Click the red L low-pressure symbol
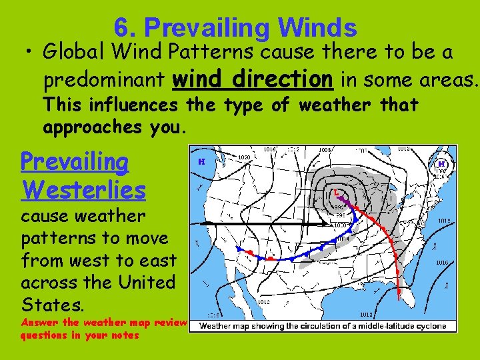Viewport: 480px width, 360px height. click(336, 192)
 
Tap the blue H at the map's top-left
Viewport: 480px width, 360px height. click(201, 161)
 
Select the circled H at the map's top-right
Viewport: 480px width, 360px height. click(441, 163)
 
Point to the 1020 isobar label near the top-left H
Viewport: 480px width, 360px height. click(244, 158)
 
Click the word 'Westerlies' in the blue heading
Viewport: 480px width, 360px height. click(83, 190)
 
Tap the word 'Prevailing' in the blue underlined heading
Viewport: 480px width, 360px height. click(75, 161)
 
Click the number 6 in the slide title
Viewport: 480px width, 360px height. click(121, 27)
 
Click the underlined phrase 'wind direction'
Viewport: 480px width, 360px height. click(253, 80)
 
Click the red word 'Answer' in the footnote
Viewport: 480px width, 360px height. click(37, 323)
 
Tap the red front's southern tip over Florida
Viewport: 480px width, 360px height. click(399, 293)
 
